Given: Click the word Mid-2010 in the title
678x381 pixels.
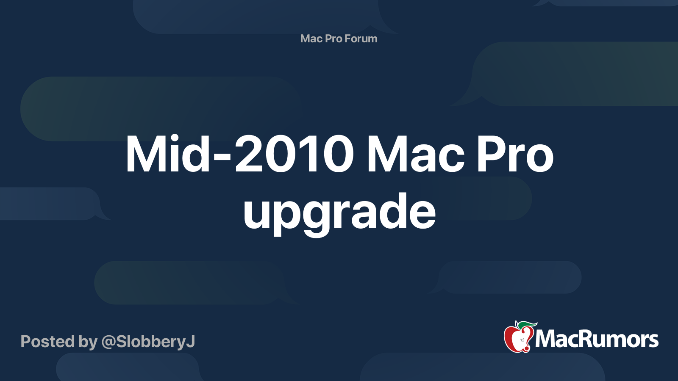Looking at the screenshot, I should tap(239, 154).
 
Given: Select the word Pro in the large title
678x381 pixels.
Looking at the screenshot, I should tap(515, 154).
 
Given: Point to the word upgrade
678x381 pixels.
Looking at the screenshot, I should tap(339, 212).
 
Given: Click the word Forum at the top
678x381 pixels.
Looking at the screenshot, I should tap(361, 39).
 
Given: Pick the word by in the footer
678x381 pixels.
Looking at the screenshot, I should tap(88, 342).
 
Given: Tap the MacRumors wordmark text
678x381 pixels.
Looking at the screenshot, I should tap(597, 340).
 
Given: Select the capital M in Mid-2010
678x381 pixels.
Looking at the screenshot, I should tap(147, 154).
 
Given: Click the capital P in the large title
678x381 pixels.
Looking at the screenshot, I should tap(490, 154).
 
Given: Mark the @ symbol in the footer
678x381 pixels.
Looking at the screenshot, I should tap(108, 342).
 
